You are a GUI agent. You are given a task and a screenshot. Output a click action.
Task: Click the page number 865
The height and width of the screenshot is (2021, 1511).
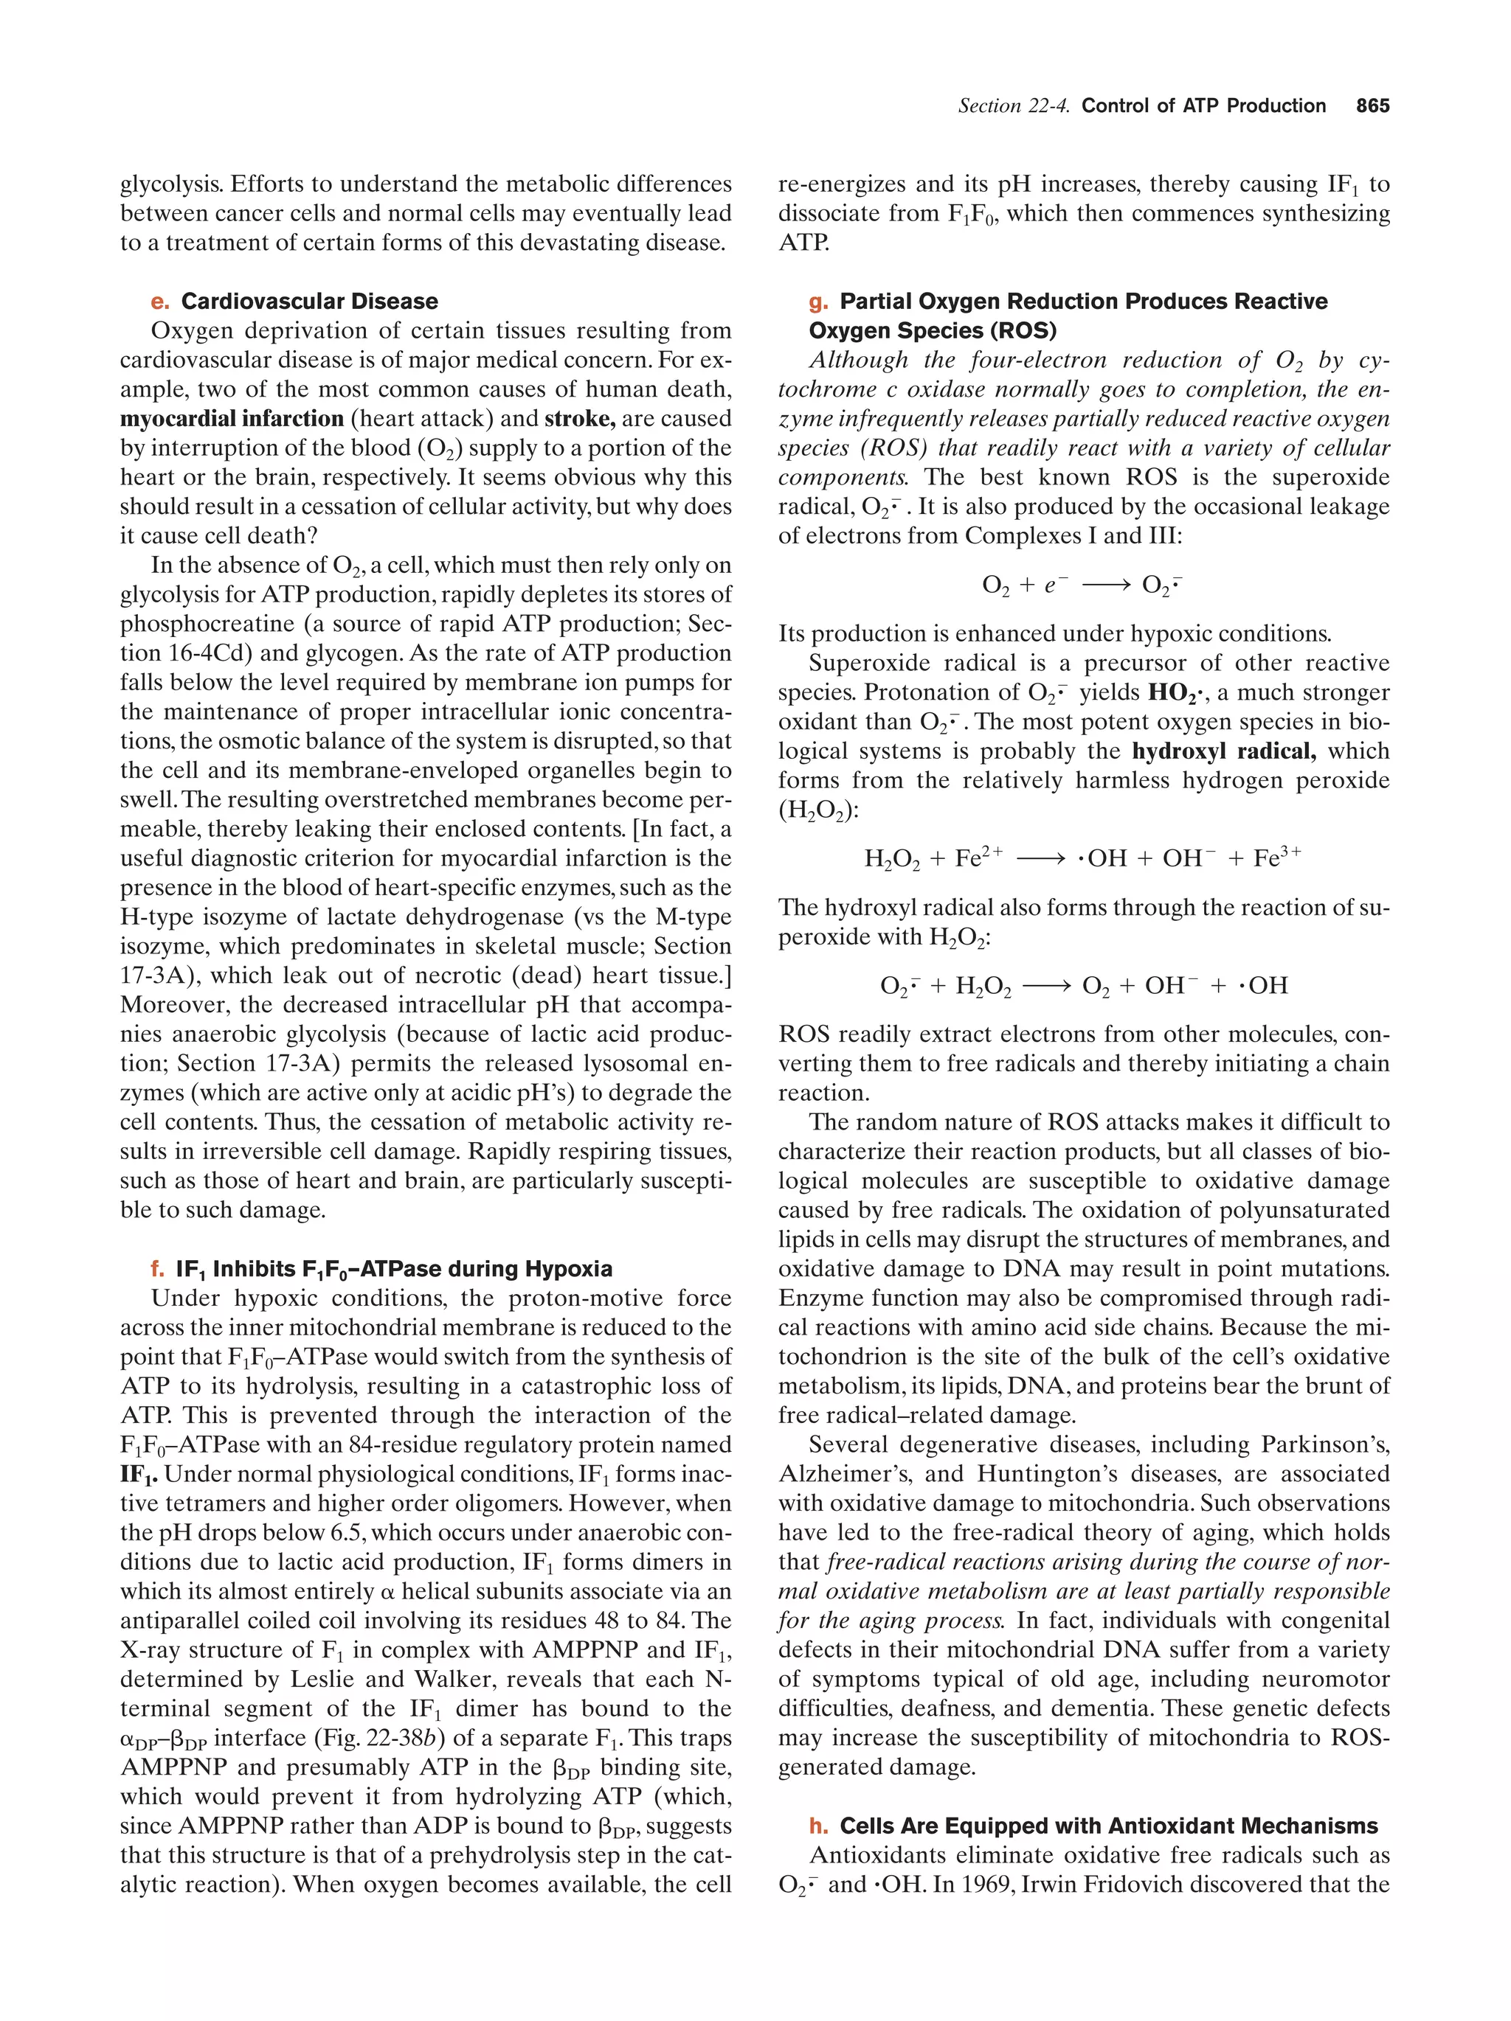coord(1372,106)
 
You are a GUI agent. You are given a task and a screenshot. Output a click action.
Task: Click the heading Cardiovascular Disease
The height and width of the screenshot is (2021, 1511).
coord(309,302)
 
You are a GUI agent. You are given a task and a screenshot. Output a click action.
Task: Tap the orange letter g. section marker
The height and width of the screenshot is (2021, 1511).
coord(818,302)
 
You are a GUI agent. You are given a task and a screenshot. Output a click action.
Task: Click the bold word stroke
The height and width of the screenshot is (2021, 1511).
coord(580,419)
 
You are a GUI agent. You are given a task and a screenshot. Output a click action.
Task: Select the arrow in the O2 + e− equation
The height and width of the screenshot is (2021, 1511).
coord(1106,585)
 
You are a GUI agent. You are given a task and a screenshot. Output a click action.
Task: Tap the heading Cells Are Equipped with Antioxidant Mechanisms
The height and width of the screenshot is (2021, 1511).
coord(1108,1826)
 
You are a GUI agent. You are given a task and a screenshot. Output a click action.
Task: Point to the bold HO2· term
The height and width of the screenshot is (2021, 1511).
coord(1175,692)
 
